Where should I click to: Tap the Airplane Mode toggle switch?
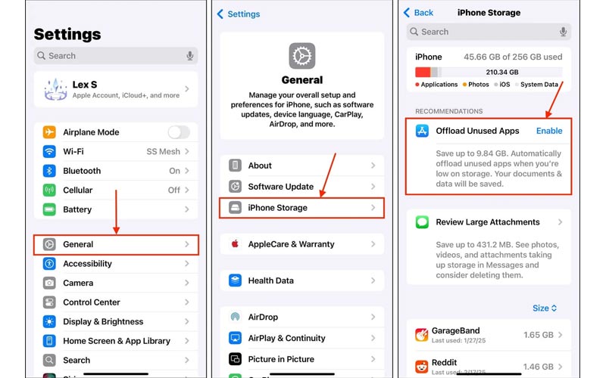pos(179,132)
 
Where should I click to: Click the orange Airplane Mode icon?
pos(49,132)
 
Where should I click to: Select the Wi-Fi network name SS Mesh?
pos(163,152)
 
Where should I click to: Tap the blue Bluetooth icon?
pos(49,171)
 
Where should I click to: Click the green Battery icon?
pos(49,209)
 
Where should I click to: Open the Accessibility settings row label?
pos(87,263)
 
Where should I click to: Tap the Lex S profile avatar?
pos(55,89)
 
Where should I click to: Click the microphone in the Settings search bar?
pos(190,56)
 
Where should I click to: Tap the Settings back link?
pos(239,14)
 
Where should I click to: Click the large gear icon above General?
pos(301,56)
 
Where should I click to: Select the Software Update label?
pos(280,187)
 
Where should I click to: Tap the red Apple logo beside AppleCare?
pos(235,243)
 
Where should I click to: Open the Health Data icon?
pos(235,280)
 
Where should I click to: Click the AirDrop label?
pos(263,317)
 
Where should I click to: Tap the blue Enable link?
pos(549,131)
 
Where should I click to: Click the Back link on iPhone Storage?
pos(419,13)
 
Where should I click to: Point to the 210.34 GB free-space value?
pos(502,72)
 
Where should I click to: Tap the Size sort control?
pos(545,308)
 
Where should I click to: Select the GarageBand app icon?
pos(422,335)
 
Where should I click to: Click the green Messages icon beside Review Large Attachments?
pos(422,222)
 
